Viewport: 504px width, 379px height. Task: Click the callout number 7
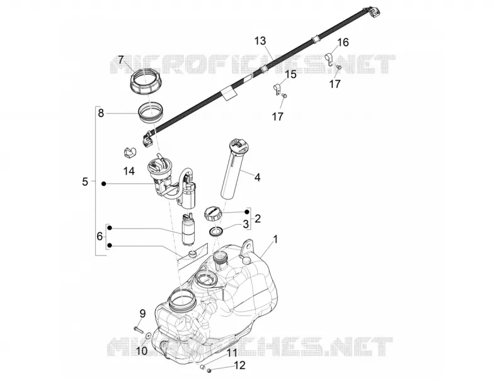[121, 60]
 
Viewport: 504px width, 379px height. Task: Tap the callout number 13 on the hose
[261, 41]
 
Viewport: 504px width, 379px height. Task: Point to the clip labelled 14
[130, 152]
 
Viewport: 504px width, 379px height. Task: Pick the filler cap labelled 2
[213, 213]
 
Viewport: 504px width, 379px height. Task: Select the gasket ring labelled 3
[216, 232]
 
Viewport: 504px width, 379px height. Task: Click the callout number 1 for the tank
[275, 240]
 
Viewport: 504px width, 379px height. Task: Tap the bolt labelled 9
[138, 329]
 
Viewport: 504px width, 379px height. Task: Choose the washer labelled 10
[149, 335]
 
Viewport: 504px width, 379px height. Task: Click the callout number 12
[240, 365]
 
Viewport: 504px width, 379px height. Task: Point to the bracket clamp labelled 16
[329, 59]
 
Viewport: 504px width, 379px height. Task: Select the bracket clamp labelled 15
[277, 89]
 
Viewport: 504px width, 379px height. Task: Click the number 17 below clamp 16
[335, 84]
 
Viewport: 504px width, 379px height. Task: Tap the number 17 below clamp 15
[278, 116]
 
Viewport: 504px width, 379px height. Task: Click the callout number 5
[85, 182]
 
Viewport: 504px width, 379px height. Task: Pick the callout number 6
[100, 237]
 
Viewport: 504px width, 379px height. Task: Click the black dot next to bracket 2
[247, 212]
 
